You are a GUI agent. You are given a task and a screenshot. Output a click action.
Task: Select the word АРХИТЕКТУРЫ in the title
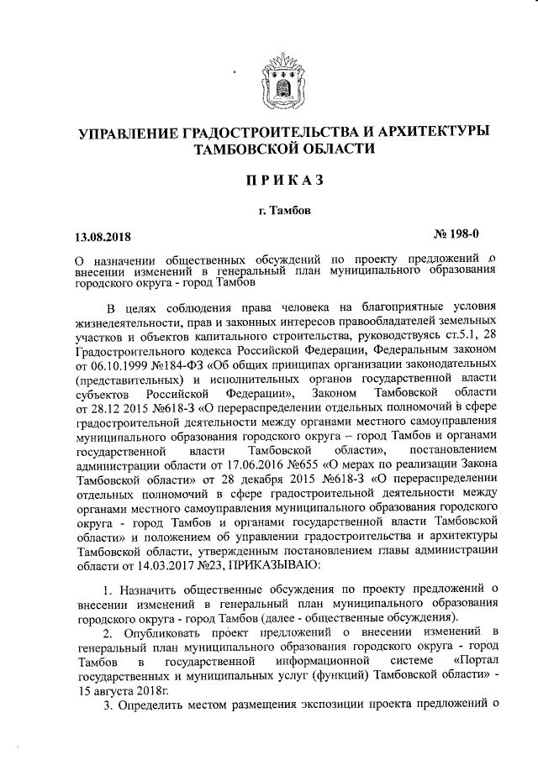(x=432, y=133)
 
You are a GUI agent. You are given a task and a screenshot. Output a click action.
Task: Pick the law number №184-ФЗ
(x=181, y=366)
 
